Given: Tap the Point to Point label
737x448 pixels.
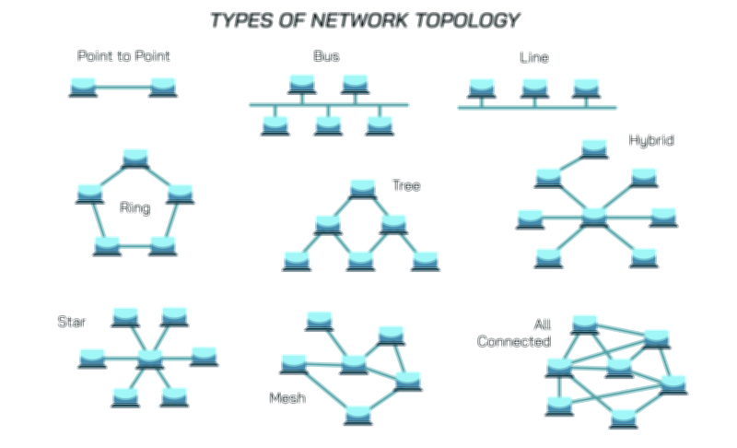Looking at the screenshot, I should [x=123, y=56].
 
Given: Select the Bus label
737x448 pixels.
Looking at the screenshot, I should [x=326, y=56].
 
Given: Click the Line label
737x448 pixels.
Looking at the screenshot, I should [x=534, y=58].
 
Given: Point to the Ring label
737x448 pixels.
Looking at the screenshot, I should [x=135, y=207].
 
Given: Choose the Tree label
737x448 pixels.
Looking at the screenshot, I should [x=406, y=186].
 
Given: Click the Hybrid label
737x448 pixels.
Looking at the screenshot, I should [x=651, y=141].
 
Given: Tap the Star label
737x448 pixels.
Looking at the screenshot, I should [x=71, y=322].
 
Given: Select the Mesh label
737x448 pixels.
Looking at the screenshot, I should [x=287, y=398].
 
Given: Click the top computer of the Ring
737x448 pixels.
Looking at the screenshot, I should [x=135, y=158].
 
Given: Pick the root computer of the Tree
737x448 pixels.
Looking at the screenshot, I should [x=363, y=189].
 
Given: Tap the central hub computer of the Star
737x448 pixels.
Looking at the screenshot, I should [x=149, y=360].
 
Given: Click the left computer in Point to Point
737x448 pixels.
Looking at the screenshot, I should [x=83, y=88].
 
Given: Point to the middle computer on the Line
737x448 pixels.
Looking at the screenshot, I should [x=534, y=88].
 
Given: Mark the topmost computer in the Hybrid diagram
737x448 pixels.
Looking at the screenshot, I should [x=594, y=147].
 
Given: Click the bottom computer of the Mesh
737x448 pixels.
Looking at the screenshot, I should [x=358, y=415].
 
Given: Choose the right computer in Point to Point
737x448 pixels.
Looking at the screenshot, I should [x=163, y=88].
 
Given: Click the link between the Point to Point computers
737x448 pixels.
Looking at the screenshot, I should [x=123, y=88].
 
